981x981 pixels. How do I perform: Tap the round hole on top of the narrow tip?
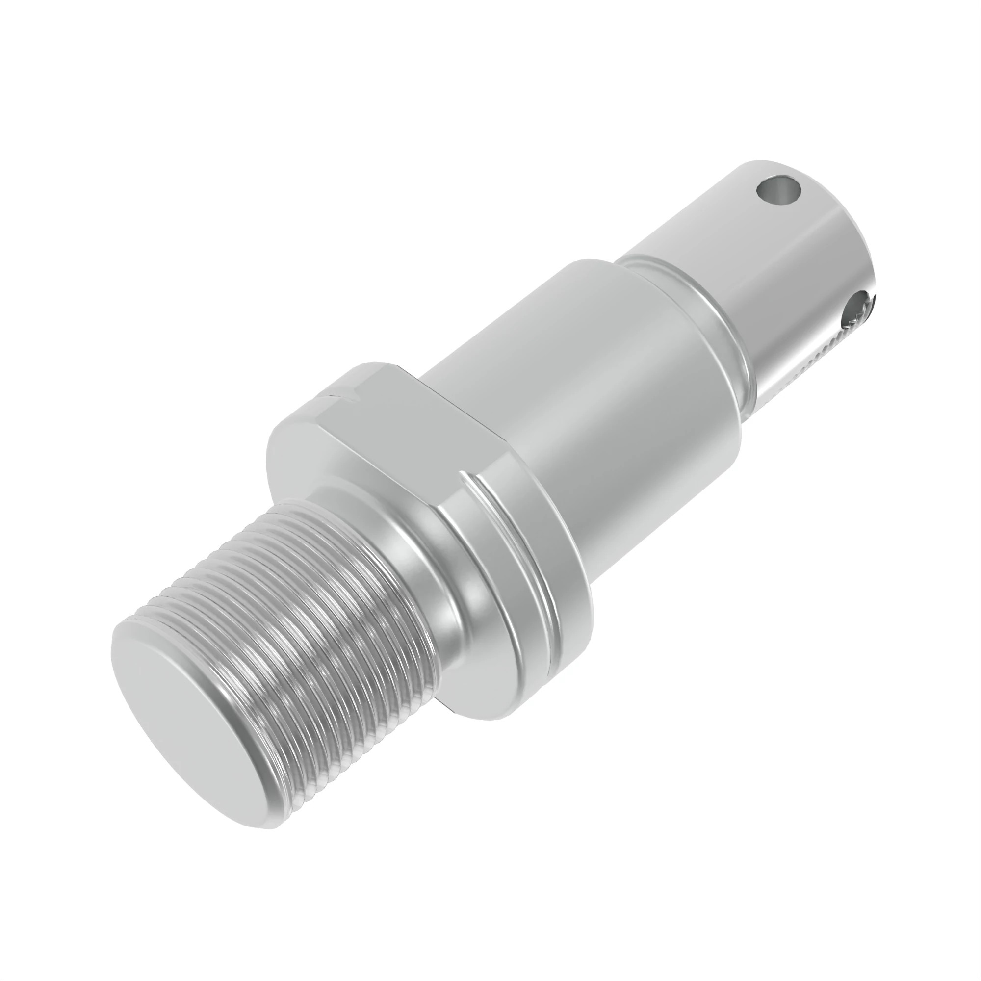(778, 192)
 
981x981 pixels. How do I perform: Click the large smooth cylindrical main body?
(584, 386)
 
